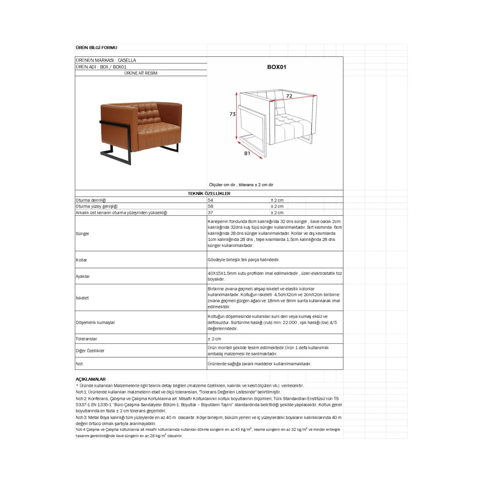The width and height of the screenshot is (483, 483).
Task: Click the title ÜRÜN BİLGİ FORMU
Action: pyautogui.click(x=96, y=47)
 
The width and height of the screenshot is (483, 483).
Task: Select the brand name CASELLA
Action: pyautogui.click(x=127, y=60)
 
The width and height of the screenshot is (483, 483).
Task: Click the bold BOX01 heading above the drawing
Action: pyautogui.click(x=276, y=67)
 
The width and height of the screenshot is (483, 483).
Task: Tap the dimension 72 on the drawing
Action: pyautogui.click(x=289, y=96)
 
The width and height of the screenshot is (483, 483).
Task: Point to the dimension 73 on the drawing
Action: pyautogui.click(x=232, y=114)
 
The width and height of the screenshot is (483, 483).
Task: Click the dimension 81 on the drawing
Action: pyautogui.click(x=247, y=153)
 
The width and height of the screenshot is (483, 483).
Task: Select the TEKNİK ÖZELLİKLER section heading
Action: pyautogui.click(x=209, y=194)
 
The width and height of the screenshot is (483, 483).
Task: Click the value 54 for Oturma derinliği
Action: pyautogui.click(x=210, y=200)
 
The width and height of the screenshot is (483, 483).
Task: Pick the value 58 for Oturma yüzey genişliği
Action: pyautogui.click(x=210, y=206)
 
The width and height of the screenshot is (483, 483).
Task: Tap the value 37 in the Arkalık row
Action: pyautogui.click(x=210, y=213)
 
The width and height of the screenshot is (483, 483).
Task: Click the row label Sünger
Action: pyautogui.click(x=82, y=233)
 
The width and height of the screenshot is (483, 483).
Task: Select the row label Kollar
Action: pyautogui.click(x=81, y=260)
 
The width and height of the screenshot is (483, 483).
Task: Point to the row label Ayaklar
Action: pyautogui.click(x=83, y=276)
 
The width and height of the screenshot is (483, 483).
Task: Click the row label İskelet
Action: pyautogui.click(x=82, y=298)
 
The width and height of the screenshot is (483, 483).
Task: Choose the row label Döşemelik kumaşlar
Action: pyautogui.click(x=95, y=322)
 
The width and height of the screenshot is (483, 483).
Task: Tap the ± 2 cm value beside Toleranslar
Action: pyautogui.click(x=214, y=339)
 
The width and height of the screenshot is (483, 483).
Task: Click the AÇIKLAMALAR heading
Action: pyautogui.click(x=91, y=379)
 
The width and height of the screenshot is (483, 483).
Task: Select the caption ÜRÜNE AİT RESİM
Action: pyautogui.click(x=141, y=73)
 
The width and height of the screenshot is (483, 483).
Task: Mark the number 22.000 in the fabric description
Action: pyautogui.click(x=290, y=322)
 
